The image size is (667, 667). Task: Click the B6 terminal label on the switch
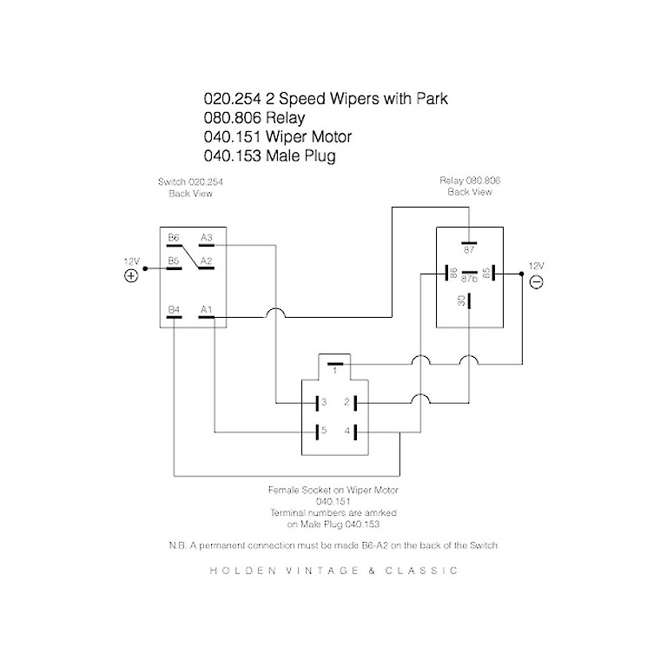pyautogui.click(x=174, y=237)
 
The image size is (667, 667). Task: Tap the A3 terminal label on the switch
pyautogui.click(x=207, y=237)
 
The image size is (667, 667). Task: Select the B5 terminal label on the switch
pyautogui.click(x=174, y=261)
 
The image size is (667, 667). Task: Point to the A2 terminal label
pyautogui.click(x=207, y=261)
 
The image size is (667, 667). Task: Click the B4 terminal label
pyautogui.click(x=174, y=309)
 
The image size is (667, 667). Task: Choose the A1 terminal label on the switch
pyautogui.click(x=206, y=309)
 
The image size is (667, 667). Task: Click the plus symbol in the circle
pyautogui.click(x=131, y=276)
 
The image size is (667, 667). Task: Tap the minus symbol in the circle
pyautogui.click(x=536, y=282)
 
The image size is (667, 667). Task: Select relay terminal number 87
pyautogui.click(x=468, y=250)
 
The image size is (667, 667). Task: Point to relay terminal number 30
pyautogui.click(x=460, y=300)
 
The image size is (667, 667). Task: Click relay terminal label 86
pyautogui.click(x=453, y=273)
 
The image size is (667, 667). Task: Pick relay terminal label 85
pyautogui.click(x=486, y=273)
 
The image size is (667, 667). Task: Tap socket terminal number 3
pyautogui.click(x=322, y=402)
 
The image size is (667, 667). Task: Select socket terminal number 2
pyautogui.click(x=346, y=402)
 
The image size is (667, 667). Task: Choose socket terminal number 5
pyautogui.click(x=322, y=431)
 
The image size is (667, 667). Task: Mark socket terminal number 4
pyautogui.click(x=346, y=431)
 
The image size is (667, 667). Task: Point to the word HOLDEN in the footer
pyautogui.click(x=241, y=571)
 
